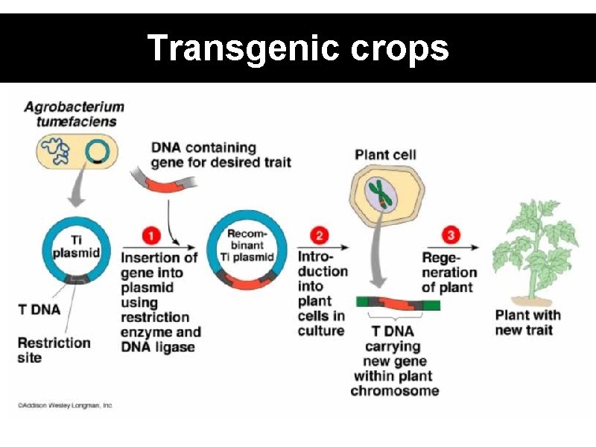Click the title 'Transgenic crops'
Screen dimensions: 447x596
coord(298,48)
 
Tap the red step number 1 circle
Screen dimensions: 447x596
coord(151,236)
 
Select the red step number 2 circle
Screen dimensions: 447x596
coord(320,236)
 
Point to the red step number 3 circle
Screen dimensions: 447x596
coord(451,236)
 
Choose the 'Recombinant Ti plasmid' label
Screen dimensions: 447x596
coord(247,246)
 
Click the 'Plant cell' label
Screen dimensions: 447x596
coord(385,155)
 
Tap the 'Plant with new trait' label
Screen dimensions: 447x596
coord(527,322)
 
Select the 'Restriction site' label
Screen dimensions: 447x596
coord(54,350)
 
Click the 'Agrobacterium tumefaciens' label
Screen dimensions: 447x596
coord(74,113)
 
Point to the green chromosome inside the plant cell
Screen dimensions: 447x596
coord(380,191)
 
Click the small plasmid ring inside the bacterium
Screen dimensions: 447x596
coord(95,153)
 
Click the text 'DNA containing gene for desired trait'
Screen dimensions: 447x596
coord(221,155)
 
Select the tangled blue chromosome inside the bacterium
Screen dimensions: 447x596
coord(57,151)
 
